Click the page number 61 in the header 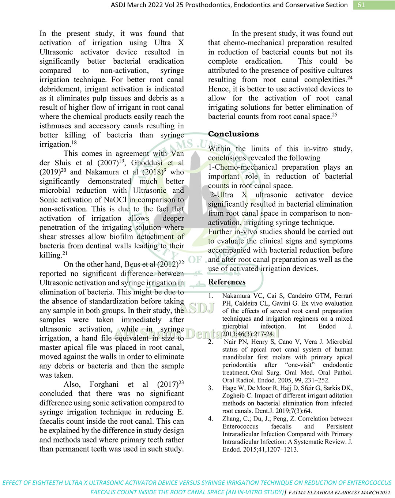coord(361,5)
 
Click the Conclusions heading coord(233,134)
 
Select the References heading coord(227,282)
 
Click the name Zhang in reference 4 coord(231,419)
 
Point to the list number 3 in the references coord(210,388)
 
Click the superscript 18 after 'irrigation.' coord(74,143)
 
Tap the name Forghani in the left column coord(104,384)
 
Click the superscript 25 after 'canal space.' coord(334,114)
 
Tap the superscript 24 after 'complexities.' coord(350,78)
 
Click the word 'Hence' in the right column coord(218,89)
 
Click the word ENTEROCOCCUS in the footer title coord(369,483)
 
